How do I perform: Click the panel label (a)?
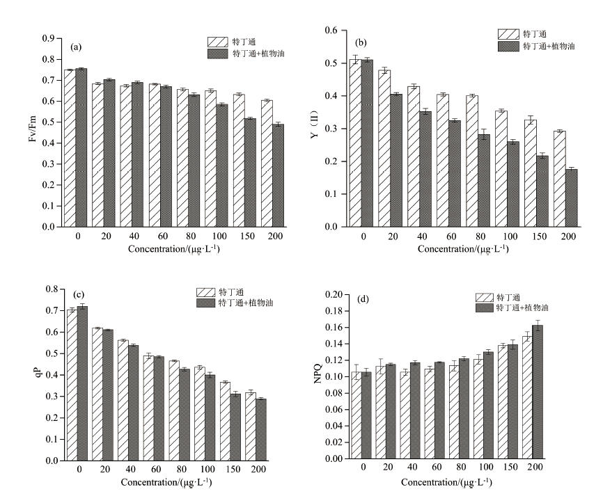77,47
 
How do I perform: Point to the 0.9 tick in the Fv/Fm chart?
51,38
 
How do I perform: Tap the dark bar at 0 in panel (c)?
82,383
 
